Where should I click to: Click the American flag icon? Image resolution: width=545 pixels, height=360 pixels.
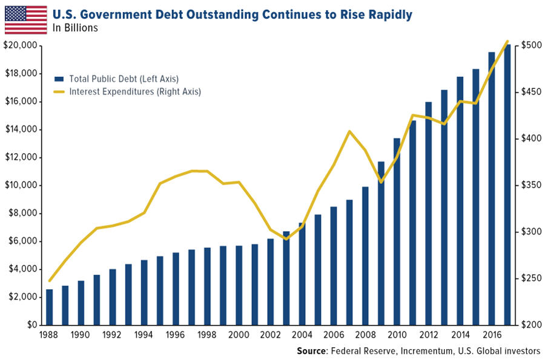click(x=25, y=19)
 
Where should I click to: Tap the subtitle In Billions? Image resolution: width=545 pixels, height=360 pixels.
click(x=76, y=28)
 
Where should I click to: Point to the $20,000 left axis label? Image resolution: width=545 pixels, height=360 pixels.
click(x=22, y=46)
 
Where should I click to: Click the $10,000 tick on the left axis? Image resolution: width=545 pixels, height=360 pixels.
click(x=22, y=185)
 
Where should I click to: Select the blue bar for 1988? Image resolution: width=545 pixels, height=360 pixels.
click(x=50, y=307)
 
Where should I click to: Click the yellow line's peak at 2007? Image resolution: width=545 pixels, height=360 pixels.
click(x=349, y=131)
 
